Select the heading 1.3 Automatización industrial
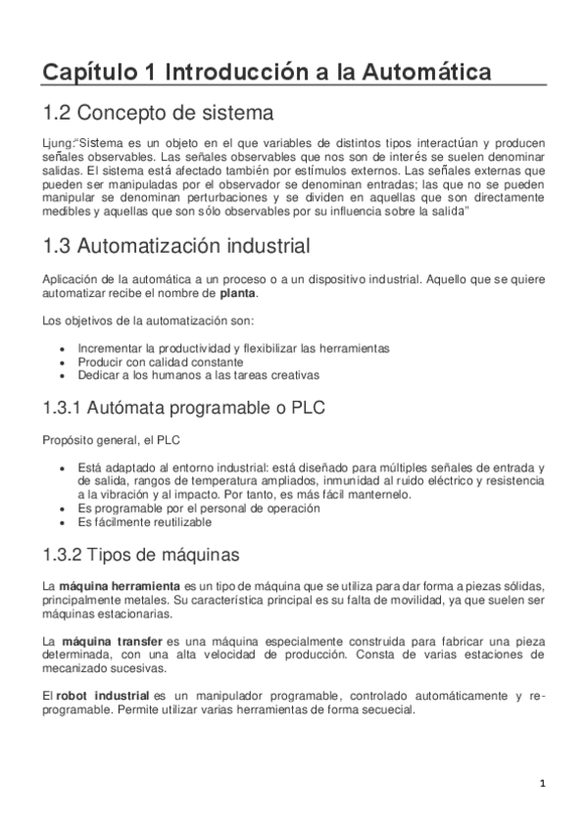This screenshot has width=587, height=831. tap(178, 245)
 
